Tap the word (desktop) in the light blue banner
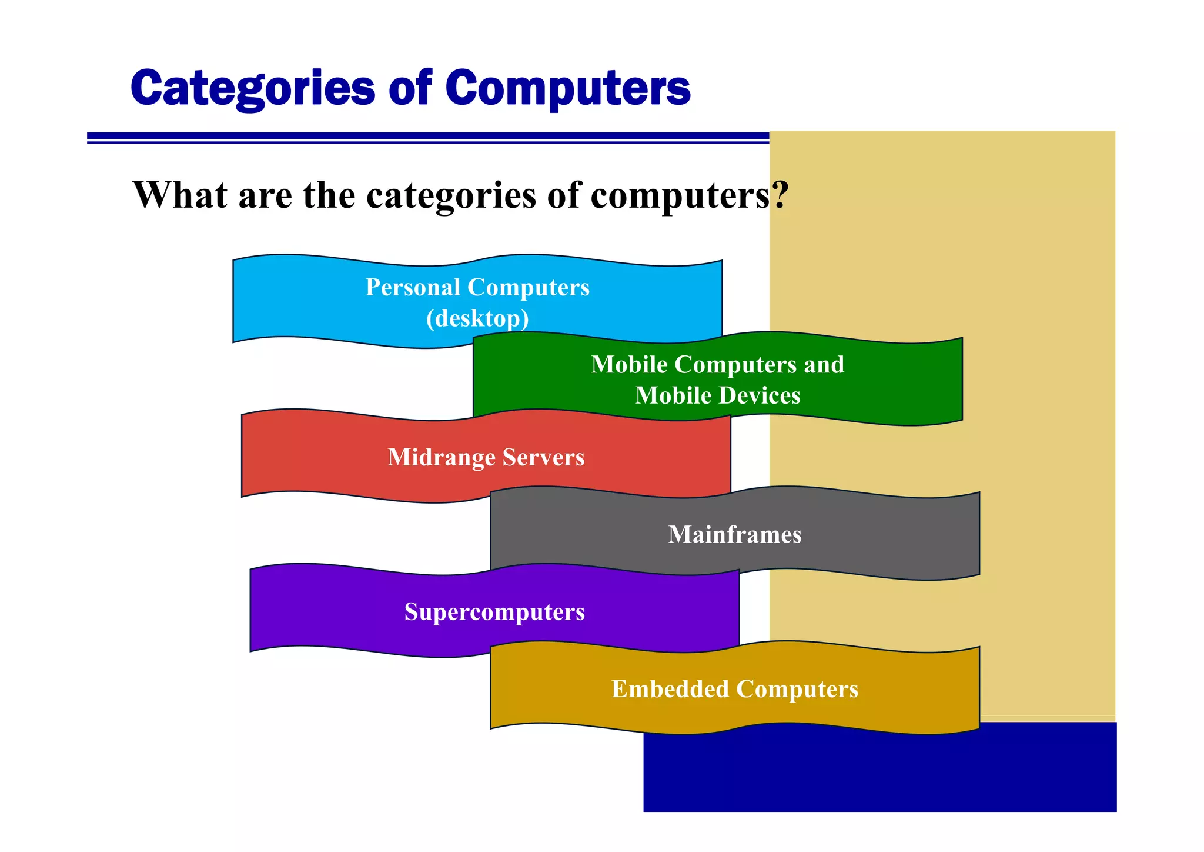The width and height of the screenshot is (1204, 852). click(477, 318)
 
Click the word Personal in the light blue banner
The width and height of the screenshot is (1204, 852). click(413, 287)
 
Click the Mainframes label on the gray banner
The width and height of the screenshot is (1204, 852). click(735, 534)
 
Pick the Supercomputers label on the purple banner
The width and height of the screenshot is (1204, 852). click(494, 612)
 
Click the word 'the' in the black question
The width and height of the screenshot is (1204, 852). click(329, 195)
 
